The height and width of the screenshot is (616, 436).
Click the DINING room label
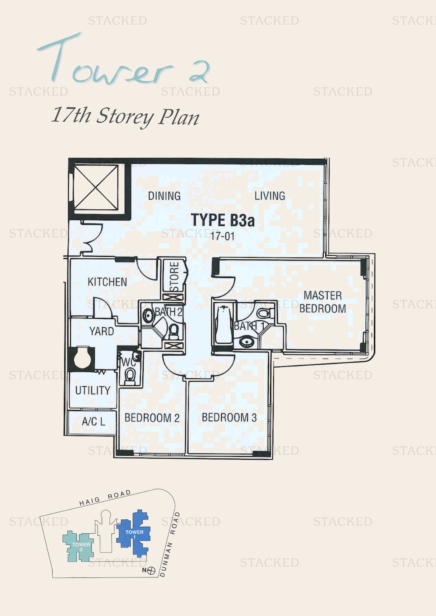pos(164,196)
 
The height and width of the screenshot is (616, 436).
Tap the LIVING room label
pos(270,196)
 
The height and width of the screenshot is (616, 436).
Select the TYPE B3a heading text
pos(222,220)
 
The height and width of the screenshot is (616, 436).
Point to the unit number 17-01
pos(222,236)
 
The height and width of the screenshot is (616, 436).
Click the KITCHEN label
pos(107,282)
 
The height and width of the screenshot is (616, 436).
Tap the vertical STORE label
pos(174,277)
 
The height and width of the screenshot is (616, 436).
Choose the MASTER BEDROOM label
pos(323,302)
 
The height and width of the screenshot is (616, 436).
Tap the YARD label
pos(101,331)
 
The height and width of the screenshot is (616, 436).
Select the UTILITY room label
pos(93,390)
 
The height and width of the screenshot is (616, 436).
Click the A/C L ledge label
pos(93,421)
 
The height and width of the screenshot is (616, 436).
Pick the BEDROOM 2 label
pos(152,418)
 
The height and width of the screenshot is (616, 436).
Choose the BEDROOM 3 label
pos(229,417)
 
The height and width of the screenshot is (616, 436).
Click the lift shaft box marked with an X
pos(96,187)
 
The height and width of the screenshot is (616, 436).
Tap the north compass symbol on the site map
pos(151,571)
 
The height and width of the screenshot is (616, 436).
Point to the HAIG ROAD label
pos(105,498)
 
